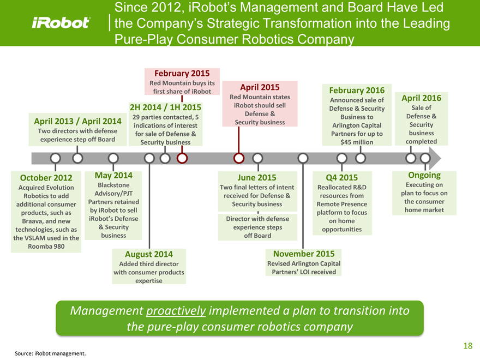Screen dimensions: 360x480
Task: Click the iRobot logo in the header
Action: [61, 23]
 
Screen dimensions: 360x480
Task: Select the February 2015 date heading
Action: [182, 73]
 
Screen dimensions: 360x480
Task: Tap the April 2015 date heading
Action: [260, 87]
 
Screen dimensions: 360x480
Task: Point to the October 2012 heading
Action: [46, 178]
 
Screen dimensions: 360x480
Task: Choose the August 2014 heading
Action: [149, 254]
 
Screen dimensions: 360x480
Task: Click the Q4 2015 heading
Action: [341, 177]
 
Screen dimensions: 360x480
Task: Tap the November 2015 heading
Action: [303, 254]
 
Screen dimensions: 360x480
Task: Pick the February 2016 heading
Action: [353, 90]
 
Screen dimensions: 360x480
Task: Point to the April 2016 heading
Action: [421, 98]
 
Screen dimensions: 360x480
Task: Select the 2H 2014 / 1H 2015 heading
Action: [165, 107]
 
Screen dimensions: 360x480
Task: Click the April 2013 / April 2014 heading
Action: [77, 121]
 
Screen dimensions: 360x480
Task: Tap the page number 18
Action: [467, 345]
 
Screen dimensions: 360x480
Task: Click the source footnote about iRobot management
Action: [50, 353]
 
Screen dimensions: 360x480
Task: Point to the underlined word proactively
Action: [176, 310]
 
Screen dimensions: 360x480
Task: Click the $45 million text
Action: [357, 142]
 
